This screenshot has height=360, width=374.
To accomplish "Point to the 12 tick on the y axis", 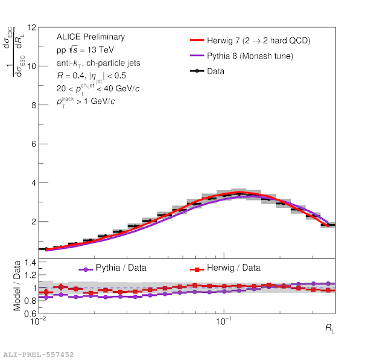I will click(32, 27).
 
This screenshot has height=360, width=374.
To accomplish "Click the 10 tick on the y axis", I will click(32, 66).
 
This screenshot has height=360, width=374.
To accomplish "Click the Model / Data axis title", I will click(16, 286).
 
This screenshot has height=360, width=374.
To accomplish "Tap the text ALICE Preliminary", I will click(90, 37).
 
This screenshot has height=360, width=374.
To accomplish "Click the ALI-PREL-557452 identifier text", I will click(39, 354).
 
